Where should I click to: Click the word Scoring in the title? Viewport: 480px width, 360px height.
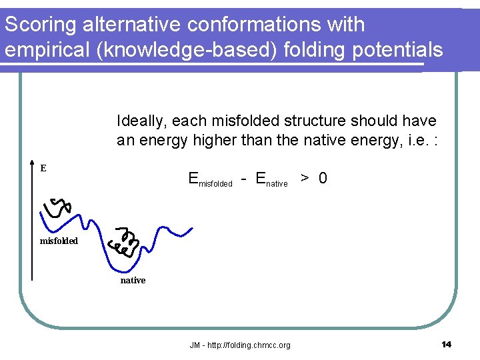[40, 25]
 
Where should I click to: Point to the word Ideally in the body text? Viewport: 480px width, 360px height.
[141, 121]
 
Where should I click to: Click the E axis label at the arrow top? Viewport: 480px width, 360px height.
[43, 169]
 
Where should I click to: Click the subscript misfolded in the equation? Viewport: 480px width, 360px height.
[216, 183]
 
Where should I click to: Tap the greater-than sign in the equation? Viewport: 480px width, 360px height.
[304, 179]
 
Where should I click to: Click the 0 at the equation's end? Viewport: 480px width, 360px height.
[322, 178]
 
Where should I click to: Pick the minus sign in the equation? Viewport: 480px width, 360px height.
[245, 179]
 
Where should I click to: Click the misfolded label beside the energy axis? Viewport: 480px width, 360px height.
[59, 241]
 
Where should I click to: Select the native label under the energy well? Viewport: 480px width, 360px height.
[133, 281]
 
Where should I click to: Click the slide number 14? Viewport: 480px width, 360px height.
[446, 344]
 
